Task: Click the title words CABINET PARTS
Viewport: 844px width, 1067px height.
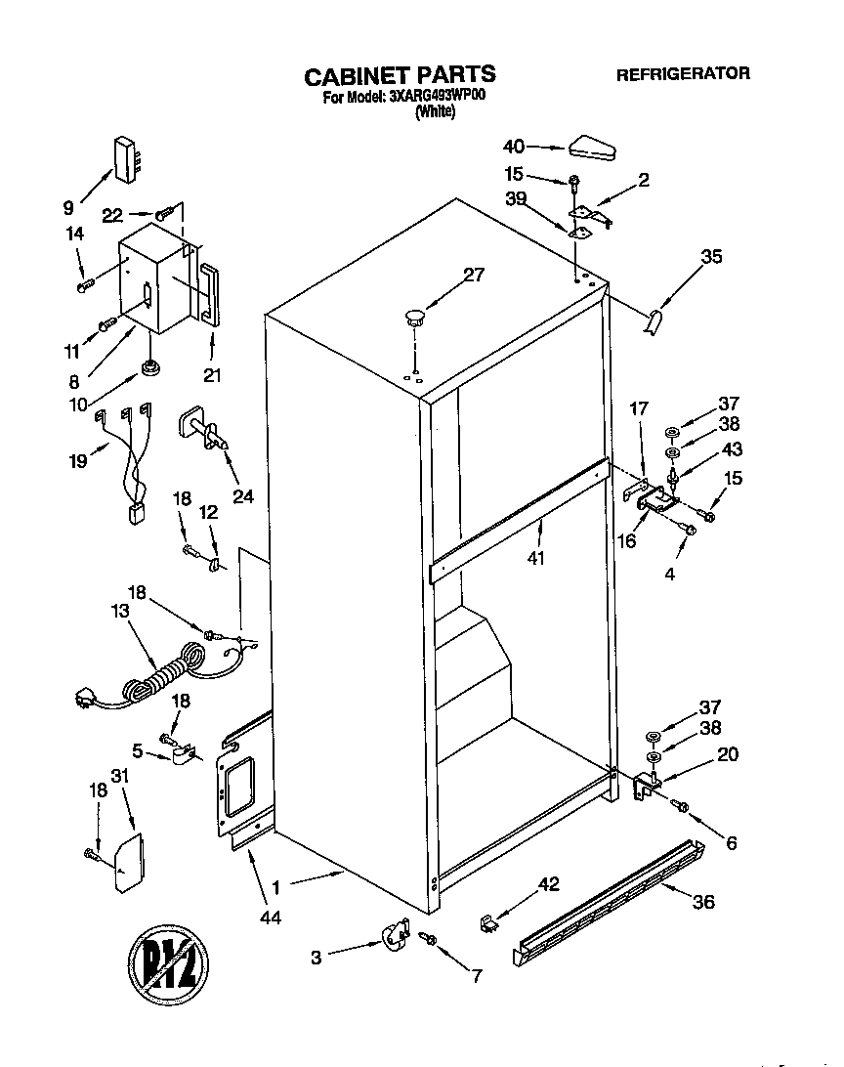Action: [400, 75]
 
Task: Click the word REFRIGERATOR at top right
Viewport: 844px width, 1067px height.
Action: [683, 73]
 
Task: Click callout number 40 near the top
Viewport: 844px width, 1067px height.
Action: [514, 147]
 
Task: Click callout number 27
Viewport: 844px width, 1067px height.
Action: [473, 275]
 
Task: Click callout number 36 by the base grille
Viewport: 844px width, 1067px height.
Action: [702, 902]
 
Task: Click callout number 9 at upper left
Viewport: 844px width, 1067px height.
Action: [69, 207]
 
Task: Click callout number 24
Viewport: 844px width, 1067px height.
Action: [243, 496]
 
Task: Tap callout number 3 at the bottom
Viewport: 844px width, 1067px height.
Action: [316, 959]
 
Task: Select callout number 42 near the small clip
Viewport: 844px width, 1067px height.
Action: [549, 886]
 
